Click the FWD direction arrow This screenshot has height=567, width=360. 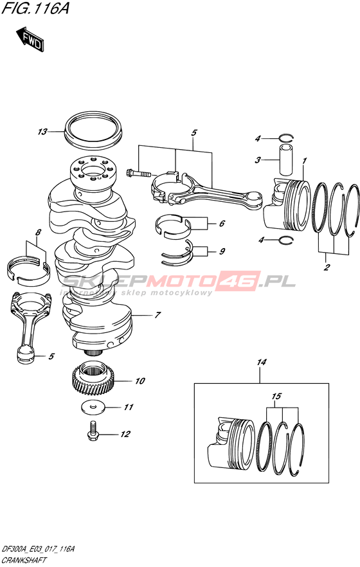pyautogui.click(x=30, y=39)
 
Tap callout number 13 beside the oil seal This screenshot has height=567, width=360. pyautogui.click(x=42, y=132)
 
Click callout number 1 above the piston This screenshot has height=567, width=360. pyautogui.click(x=305, y=160)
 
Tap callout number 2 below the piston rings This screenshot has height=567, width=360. pyautogui.click(x=327, y=267)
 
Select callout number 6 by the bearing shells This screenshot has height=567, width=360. pyautogui.click(x=222, y=224)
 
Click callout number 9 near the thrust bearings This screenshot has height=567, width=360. pyautogui.click(x=222, y=251)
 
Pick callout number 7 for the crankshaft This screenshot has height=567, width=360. pyautogui.click(x=157, y=315)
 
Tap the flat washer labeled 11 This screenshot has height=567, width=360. pyautogui.click(x=93, y=407)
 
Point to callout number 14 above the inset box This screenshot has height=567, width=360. pyautogui.click(x=262, y=362)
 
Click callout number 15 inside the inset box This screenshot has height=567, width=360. pyautogui.click(x=276, y=396)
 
